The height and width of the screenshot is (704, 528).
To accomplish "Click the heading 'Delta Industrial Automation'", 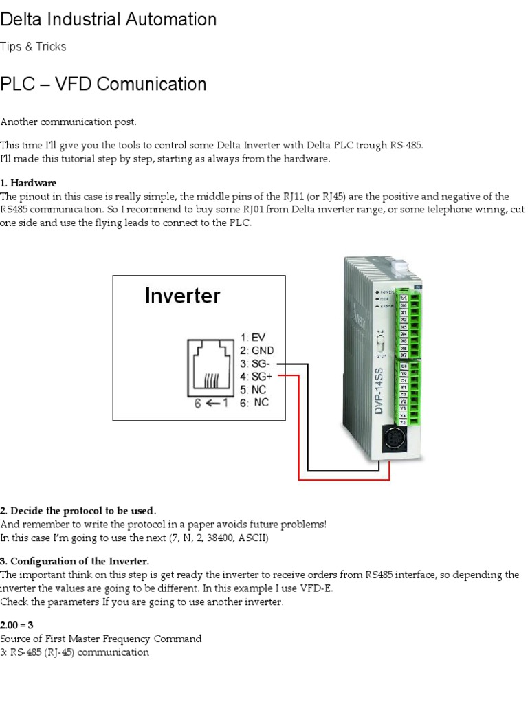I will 109,20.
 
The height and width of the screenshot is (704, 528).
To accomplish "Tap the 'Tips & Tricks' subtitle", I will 34,47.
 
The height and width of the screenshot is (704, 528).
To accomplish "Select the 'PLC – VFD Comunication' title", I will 103,85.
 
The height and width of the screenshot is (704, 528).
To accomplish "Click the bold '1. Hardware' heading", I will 28,183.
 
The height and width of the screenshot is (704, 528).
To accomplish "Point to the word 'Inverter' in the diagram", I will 182,296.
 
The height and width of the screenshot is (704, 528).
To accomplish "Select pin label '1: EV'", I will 252,338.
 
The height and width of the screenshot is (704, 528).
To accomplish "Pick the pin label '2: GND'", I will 257,351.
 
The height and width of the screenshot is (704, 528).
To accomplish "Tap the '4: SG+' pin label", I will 257,377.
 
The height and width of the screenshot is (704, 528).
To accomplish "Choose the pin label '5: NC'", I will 254,390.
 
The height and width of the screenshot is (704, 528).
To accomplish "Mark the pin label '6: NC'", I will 254,403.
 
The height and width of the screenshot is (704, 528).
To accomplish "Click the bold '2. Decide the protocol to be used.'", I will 78,511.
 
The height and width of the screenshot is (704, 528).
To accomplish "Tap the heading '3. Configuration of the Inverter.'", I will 74,561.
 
